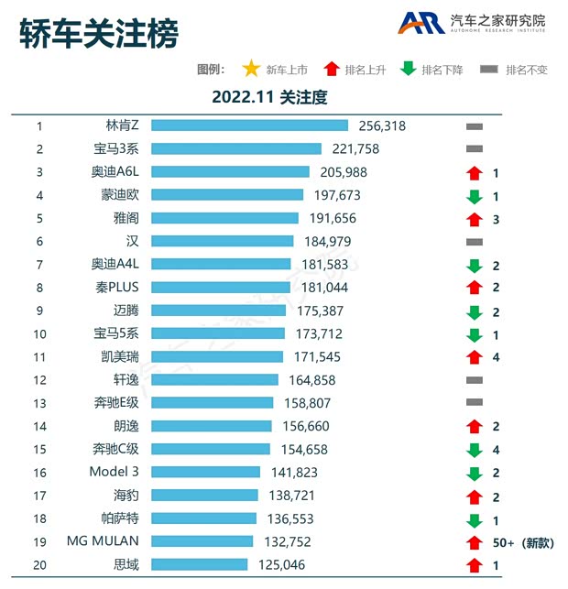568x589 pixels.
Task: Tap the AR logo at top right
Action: pos(421,23)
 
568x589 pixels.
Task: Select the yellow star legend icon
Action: pos(250,70)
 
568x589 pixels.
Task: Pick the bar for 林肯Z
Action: pos(249,125)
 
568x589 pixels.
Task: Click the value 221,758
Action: pos(353,148)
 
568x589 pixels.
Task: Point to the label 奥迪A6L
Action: pos(115,172)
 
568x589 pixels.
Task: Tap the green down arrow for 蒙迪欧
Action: pos(474,196)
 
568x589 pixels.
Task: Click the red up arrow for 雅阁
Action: pos(474,219)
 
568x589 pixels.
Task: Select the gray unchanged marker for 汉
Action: pos(474,242)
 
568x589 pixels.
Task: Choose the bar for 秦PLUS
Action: pos(223,288)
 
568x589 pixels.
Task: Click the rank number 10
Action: pos(39,333)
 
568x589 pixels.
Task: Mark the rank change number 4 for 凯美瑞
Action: pos(496,357)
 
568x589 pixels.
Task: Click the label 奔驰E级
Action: pos(115,403)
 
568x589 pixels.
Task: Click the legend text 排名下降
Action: pos(442,70)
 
